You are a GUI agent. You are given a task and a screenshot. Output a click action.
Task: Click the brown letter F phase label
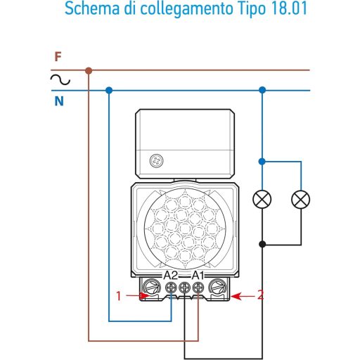tap(58, 57)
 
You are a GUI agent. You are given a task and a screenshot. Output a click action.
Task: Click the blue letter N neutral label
tap(59, 101)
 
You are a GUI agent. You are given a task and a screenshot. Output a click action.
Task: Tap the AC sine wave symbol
tap(60, 79)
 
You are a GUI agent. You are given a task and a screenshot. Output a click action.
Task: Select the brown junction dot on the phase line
tap(89, 70)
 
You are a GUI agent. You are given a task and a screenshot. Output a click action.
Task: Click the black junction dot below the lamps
tap(262, 244)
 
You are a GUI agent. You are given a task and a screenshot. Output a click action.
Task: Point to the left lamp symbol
tap(262, 199)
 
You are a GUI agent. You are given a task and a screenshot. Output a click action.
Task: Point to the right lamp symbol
tap(301, 199)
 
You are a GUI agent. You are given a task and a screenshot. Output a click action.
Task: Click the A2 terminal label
tap(171, 275)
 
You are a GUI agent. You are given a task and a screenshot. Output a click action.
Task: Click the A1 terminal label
tap(198, 275)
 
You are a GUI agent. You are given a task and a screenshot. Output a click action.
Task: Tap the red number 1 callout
tap(119, 296)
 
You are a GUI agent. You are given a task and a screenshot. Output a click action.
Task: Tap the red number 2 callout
tap(260, 295)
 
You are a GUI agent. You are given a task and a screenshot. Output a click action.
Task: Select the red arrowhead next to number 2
tap(236, 296)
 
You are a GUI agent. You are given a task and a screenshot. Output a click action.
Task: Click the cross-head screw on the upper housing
tap(156, 161)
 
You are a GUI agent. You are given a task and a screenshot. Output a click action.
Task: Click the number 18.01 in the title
tap(289, 8)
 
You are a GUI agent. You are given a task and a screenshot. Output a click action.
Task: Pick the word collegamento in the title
tap(186, 10)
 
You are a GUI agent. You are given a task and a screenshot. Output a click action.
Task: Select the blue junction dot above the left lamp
tap(262, 161)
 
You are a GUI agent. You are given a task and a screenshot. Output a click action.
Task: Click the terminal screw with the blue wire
tap(171, 288)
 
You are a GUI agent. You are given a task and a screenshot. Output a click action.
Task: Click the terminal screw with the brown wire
tap(198, 288)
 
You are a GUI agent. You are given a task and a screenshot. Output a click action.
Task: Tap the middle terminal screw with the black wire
tap(184, 288)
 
